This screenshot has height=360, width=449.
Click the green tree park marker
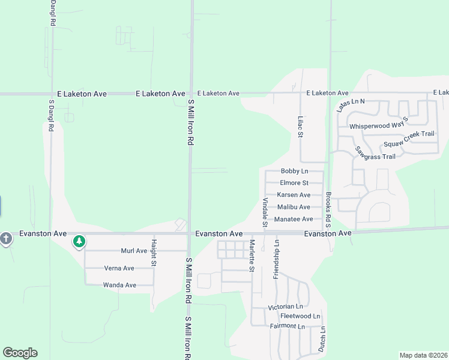79,242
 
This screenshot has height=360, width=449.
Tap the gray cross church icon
6,239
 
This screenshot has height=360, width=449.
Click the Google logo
20,353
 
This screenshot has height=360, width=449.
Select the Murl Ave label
134,251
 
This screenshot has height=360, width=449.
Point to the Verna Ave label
119,268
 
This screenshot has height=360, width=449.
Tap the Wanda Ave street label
119,285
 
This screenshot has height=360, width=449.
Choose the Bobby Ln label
294,172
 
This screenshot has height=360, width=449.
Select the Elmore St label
294,183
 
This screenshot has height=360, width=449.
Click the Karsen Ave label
294,195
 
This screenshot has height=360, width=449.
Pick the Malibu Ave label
294,207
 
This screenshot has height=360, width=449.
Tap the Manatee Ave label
294,219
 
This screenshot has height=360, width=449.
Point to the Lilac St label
300,126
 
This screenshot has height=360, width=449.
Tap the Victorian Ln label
288,307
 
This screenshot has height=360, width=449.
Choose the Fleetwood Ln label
300,316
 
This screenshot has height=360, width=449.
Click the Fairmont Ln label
288,326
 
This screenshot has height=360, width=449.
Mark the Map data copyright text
424,355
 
